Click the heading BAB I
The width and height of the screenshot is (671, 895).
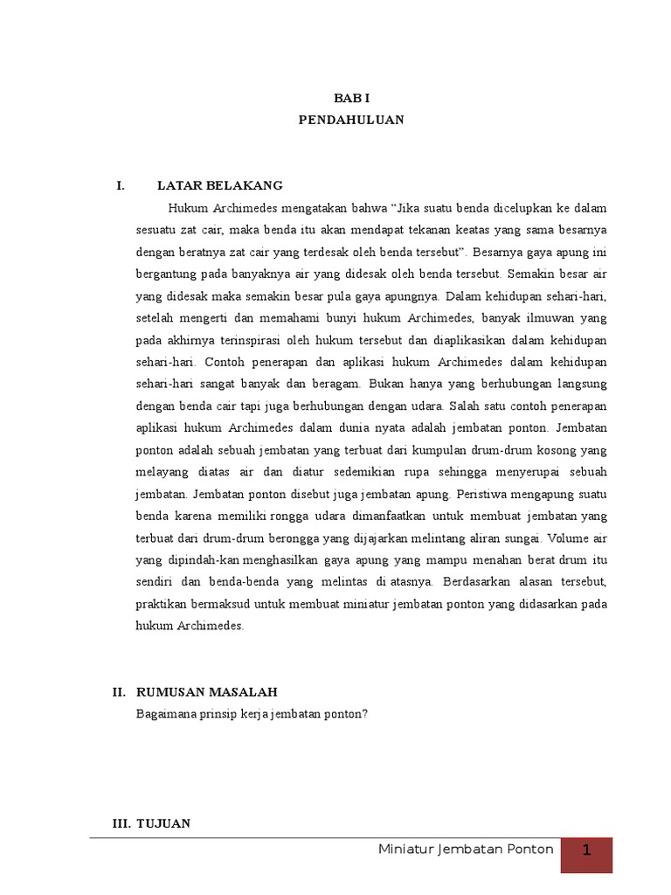tap(351, 101)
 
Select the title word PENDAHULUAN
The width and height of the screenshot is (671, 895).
tap(351, 121)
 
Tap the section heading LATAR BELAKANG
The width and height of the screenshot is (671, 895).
tap(219, 185)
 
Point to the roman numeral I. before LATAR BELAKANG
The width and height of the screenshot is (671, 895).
tap(121, 185)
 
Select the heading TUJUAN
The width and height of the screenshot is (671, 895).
tap(165, 823)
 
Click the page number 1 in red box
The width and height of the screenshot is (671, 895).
tap(587, 850)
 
